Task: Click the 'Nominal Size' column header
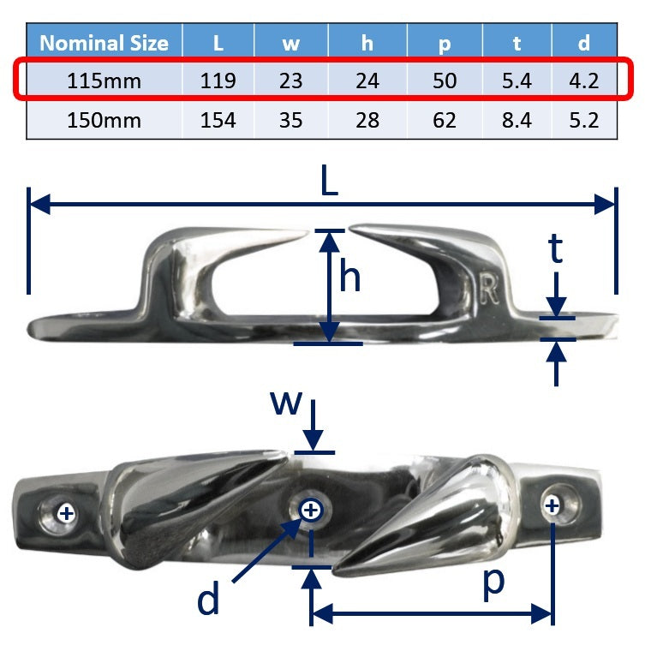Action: (104, 42)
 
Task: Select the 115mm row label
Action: (104, 81)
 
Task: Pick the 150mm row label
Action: (104, 120)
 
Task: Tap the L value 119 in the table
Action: (218, 81)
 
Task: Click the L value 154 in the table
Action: (218, 120)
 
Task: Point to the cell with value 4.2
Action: (584, 81)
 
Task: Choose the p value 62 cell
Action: (445, 120)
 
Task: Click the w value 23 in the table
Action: (291, 81)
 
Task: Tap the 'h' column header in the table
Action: (367, 42)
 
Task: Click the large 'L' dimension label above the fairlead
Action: (328, 182)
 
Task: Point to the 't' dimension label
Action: (556, 249)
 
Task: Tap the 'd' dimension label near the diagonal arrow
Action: (208, 600)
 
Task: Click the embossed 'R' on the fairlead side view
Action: (489, 290)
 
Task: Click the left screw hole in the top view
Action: (66, 513)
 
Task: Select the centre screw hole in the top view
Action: (311, 511)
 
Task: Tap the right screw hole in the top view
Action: (552, 505)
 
